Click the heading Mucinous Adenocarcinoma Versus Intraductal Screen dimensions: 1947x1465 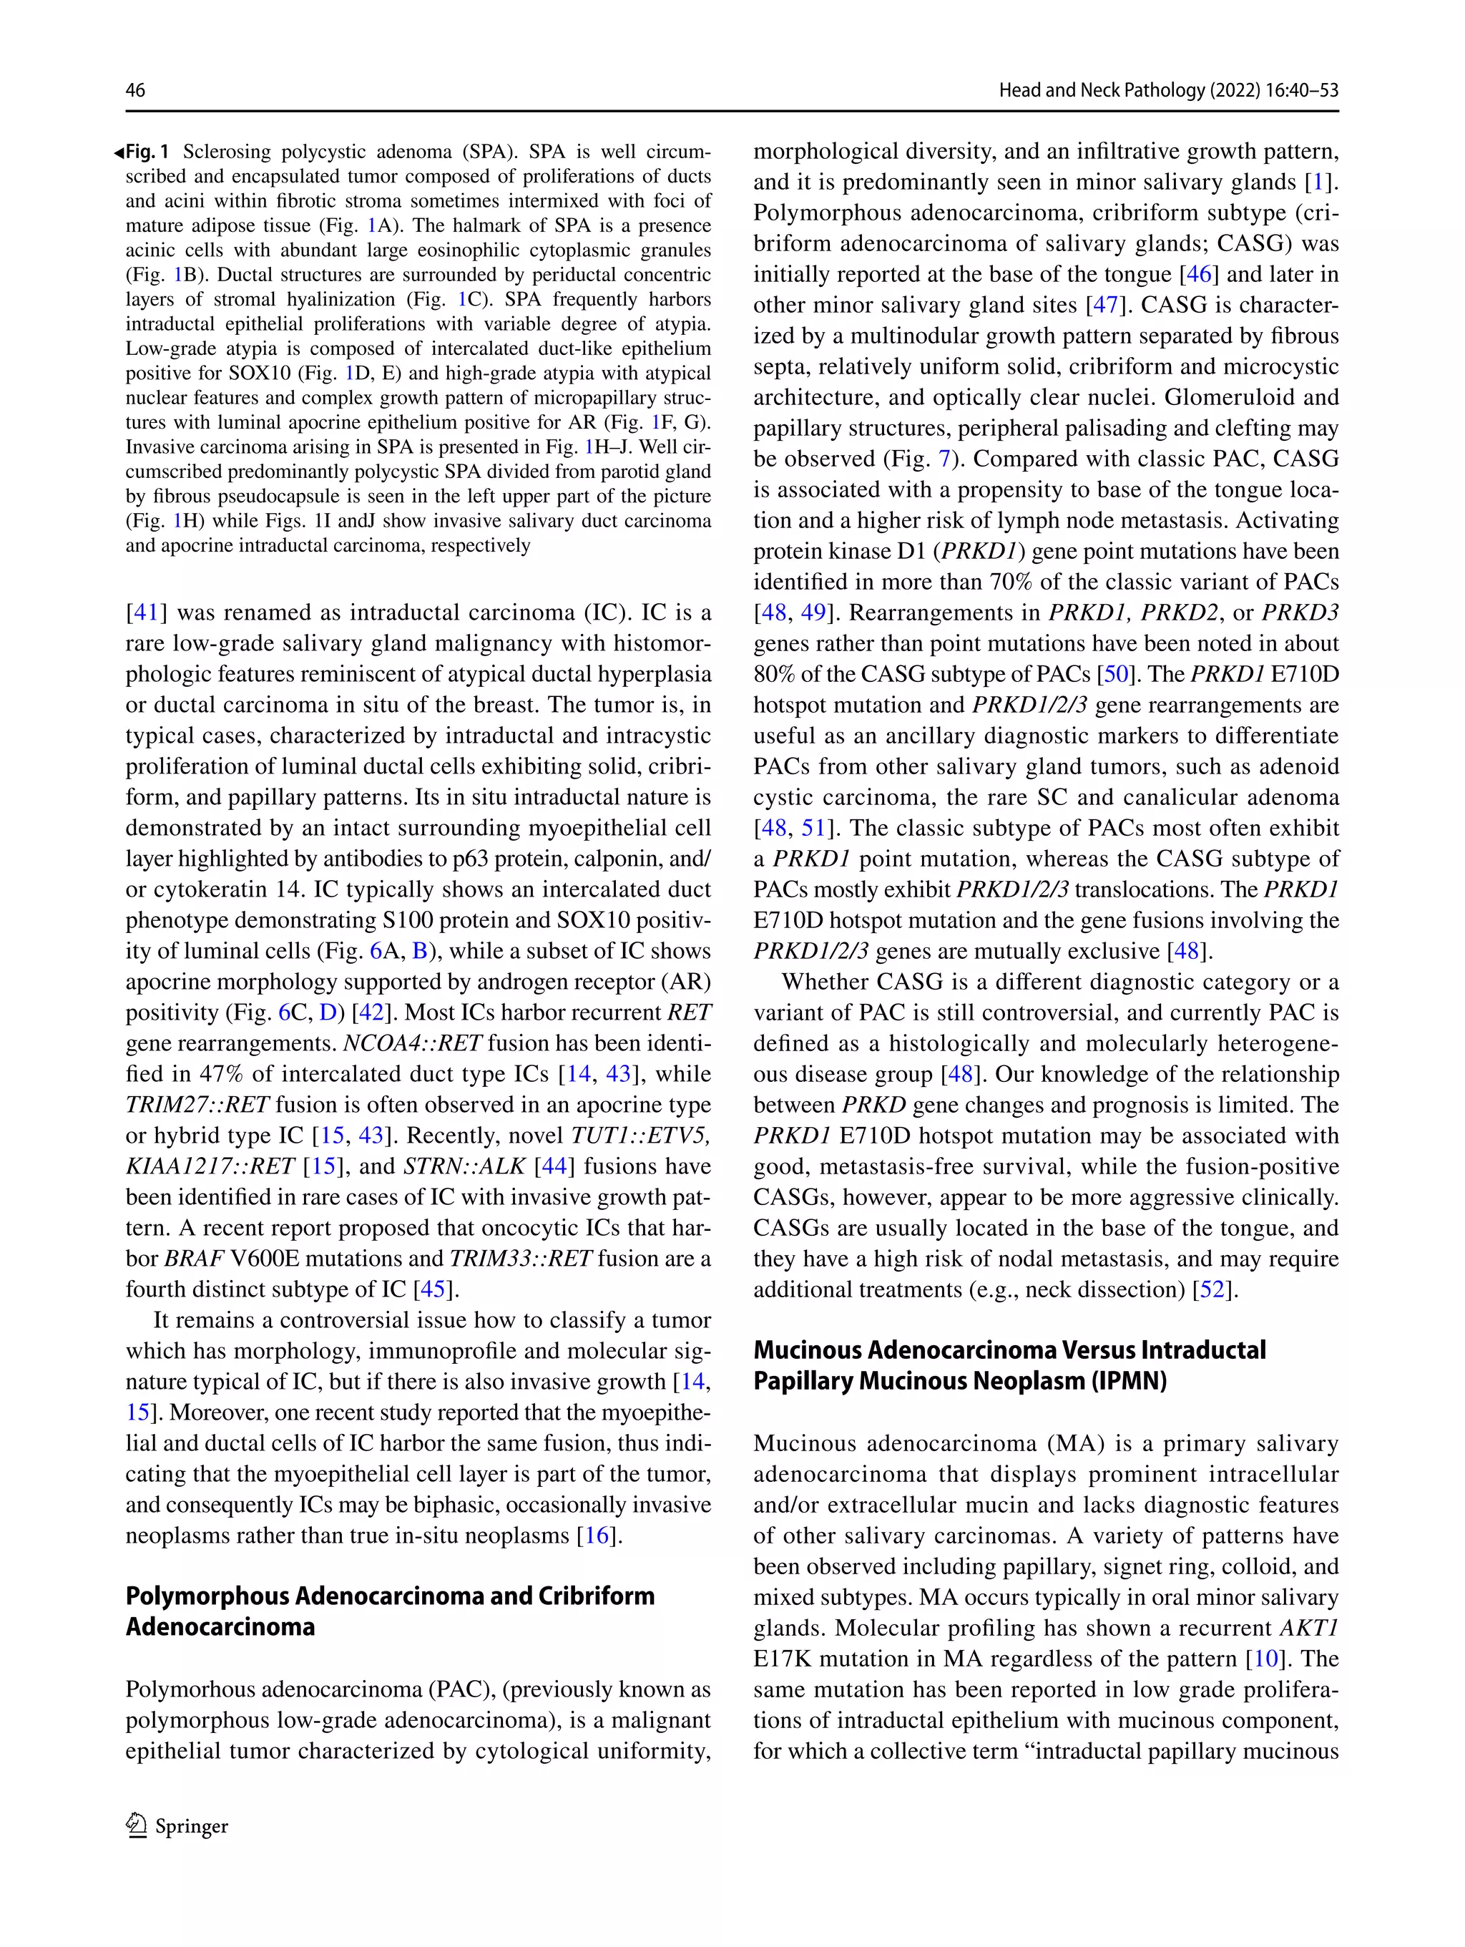pos(1009,1350)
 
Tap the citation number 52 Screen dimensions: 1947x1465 pos(1212,1289)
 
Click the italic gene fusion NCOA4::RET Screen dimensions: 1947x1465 pos(412,1043)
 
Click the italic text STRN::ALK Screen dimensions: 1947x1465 pos(464,1166)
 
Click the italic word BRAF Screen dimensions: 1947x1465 pos(194,1259)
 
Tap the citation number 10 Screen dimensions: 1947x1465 pos(1266,1659)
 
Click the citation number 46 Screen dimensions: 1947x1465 pos(1198,275)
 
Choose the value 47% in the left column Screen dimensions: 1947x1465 pos(222,1074)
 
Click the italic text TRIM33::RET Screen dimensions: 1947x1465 pos(520,1259)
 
